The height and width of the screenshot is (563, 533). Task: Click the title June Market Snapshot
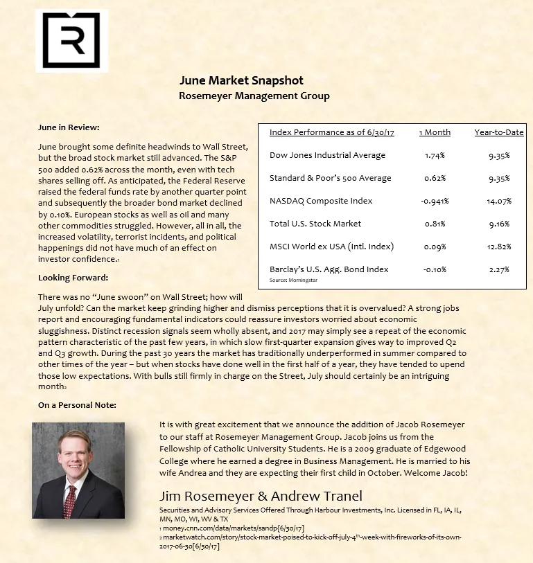click(x=241, y=81)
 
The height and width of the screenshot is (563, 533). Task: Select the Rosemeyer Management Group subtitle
click(x=254, y=96)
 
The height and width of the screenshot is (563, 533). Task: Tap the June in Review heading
click(x=69, y=127)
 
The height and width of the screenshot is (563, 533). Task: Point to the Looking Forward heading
click(x=73, y=277)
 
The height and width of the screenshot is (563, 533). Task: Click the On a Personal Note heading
click(x=77, y=404)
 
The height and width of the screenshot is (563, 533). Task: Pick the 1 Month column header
click(x=435, y=132)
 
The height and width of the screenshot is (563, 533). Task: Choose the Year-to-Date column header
click(x=498, y=132)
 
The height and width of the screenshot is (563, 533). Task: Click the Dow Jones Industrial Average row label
click(x=327, y=155)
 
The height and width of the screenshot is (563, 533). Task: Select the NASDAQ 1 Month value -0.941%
click(x=435, y=201)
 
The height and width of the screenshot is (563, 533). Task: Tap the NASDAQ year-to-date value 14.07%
click(x=498, y=201)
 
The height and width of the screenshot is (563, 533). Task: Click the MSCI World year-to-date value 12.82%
click(x=498, y=246)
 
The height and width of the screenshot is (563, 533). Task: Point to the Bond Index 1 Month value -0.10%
click(x=435, y=269)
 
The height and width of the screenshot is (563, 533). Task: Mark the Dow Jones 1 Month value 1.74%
click(x=435, y=155)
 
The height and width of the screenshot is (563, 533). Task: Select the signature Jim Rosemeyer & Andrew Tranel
click(x=261, y=496)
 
